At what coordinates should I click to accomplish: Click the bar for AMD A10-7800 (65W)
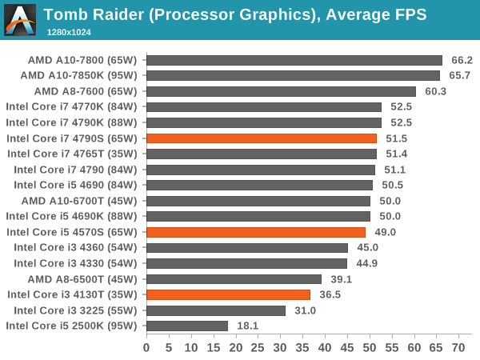294,60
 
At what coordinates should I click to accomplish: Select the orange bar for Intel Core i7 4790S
262,138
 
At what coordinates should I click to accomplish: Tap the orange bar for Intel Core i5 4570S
256,232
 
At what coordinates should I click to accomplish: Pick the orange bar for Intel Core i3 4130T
228,294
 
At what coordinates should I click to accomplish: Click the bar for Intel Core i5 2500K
187,326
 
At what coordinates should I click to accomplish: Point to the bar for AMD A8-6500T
234,279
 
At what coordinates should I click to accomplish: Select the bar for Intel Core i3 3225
216,310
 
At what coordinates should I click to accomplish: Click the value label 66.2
462,60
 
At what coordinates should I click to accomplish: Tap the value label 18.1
248,326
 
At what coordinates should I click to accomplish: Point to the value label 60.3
436,91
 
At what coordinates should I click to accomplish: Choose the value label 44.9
367,263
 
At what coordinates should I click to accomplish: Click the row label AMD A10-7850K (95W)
78,75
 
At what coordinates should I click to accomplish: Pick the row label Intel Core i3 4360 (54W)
72,248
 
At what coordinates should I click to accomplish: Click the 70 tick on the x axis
458,348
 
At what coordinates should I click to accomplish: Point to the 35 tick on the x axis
302,348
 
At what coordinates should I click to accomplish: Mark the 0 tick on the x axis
146,348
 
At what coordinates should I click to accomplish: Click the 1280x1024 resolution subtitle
70,30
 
